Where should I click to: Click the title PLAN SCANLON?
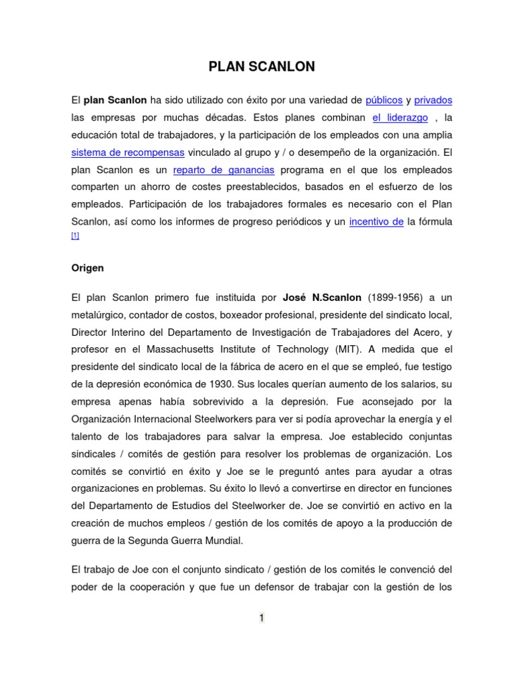click(x=262, y=67)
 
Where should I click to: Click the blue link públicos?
click(x=384, y=100)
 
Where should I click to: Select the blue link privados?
click(x=433, y=100)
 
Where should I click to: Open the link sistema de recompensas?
click(x=128, y=153)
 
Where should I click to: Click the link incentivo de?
click(x=376, y=222)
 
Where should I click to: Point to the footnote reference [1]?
click(x=75, y=236)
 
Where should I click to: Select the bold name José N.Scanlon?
click(x=322, y=297)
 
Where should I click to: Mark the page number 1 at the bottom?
click(x=262, y=618)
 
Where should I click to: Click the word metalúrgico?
click(x=100, y=314)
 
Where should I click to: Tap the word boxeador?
click(x=226, y=314)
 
